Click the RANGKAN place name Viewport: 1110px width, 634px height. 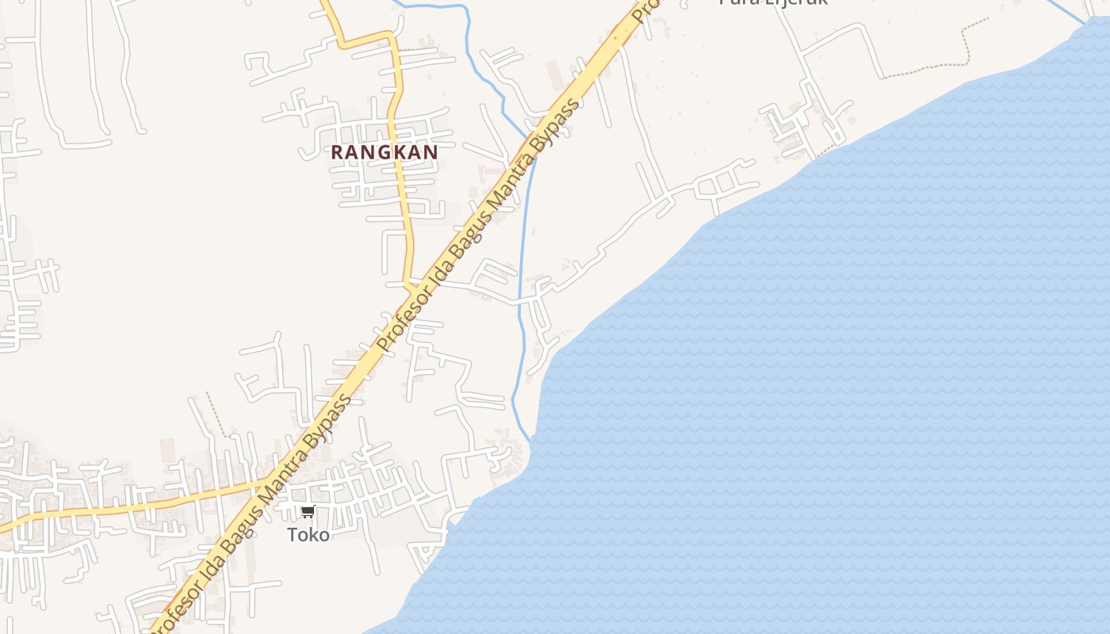coord(384,152)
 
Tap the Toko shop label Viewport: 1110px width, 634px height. coord(308,535)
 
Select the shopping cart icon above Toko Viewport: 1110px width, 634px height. coord(308,512)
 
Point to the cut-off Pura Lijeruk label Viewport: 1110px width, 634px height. coord(773,2)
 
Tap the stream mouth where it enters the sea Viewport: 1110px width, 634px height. coord(529,440)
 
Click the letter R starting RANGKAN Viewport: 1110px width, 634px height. coord(337,152)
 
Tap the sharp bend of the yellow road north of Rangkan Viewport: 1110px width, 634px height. coord(392,36)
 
